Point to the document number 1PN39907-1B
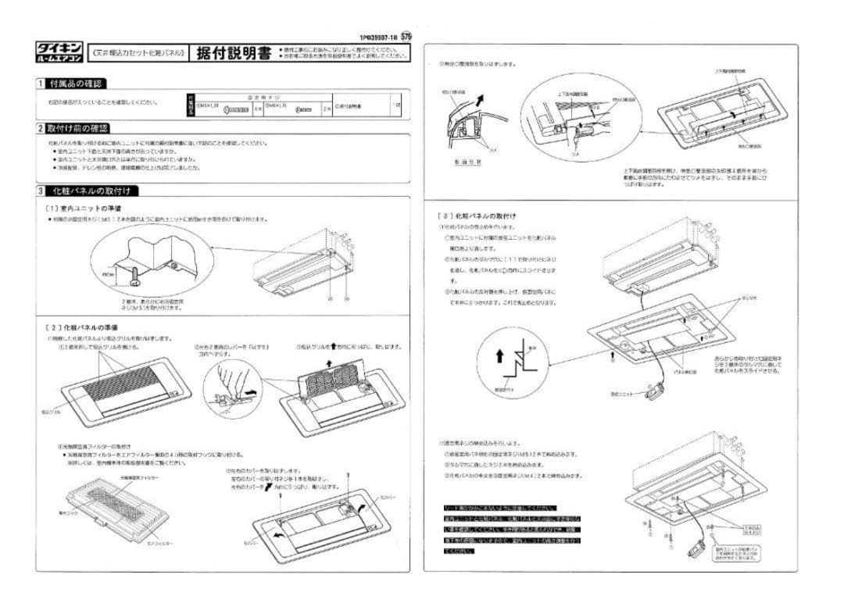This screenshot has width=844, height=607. pyautogui.click(x=378, y=36)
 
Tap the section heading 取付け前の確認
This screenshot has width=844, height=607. pyautogui.click(x=77, y=128)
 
